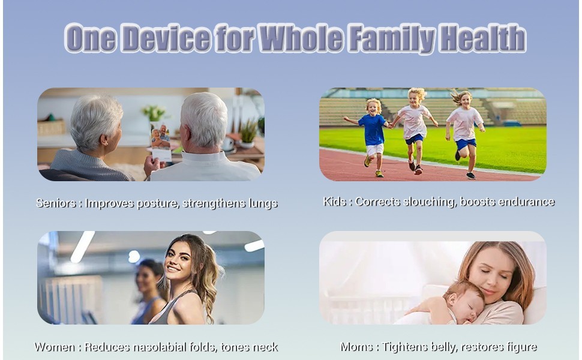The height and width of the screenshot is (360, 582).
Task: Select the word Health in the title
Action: click(x=483, y=38)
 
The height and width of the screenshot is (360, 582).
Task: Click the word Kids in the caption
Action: click(x=335, y=202)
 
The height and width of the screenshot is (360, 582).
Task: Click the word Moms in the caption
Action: click(x=356, y=347)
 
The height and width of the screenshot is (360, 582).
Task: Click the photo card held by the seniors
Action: click(x=161, y=142)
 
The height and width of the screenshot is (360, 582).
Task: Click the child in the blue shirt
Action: click(x=372, y=137)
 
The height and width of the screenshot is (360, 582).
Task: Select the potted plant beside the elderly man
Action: click(x=248, y=134)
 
